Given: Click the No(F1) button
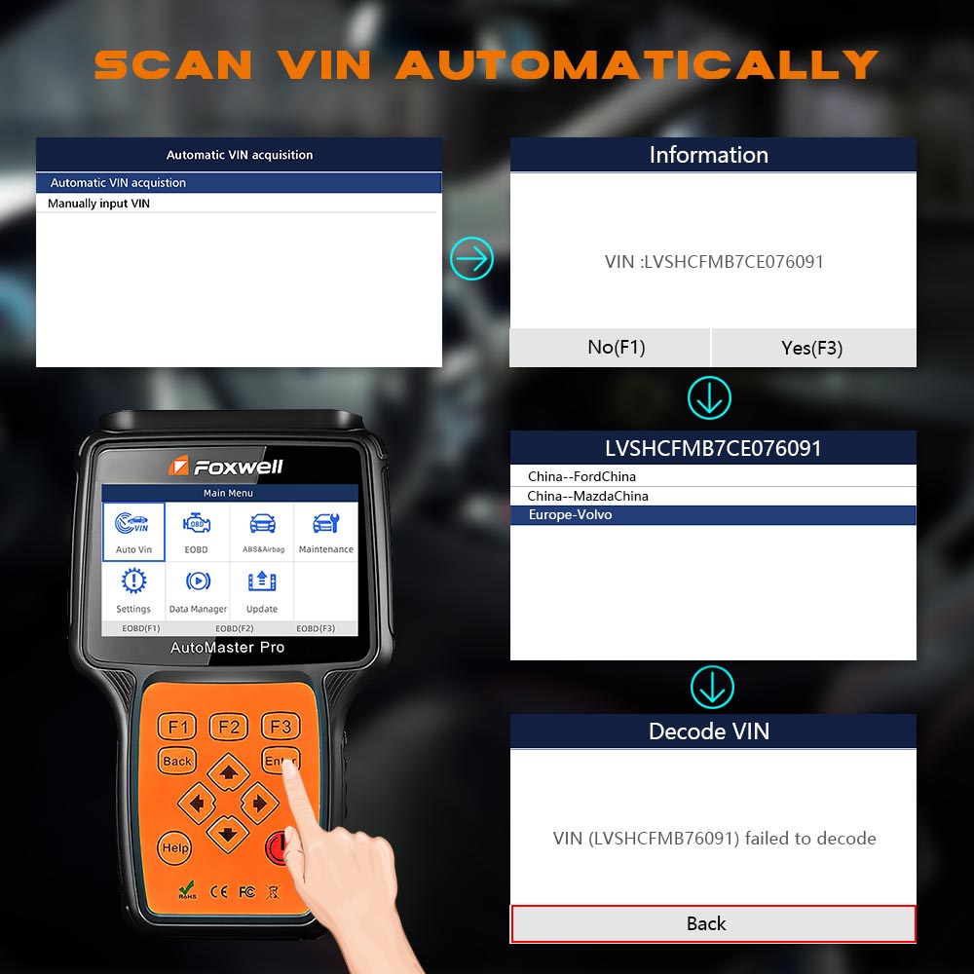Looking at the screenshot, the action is [x=610, y=348].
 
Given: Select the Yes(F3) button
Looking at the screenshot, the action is [x=813, y=348].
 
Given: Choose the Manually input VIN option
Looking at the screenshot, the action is [x=98, y=204].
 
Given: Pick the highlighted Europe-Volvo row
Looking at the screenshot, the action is [x=713, y=515].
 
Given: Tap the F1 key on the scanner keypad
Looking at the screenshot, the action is [x=177, y=727].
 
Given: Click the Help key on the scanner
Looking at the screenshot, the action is [x=174, y=848].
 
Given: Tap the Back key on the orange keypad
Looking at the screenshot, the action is [x=177, y=761].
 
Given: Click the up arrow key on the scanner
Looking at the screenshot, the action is [x=229, y=772].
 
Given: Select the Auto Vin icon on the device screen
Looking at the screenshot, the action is [x=133, y=532].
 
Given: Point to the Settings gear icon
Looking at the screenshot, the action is [x=133, y=581].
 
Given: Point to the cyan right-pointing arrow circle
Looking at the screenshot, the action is [x=472, y=258].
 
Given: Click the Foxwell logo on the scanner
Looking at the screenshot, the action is [x=226, y=467].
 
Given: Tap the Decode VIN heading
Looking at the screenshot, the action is [x=709, y=731].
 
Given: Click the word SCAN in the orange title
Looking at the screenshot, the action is [x=173, y=64].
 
